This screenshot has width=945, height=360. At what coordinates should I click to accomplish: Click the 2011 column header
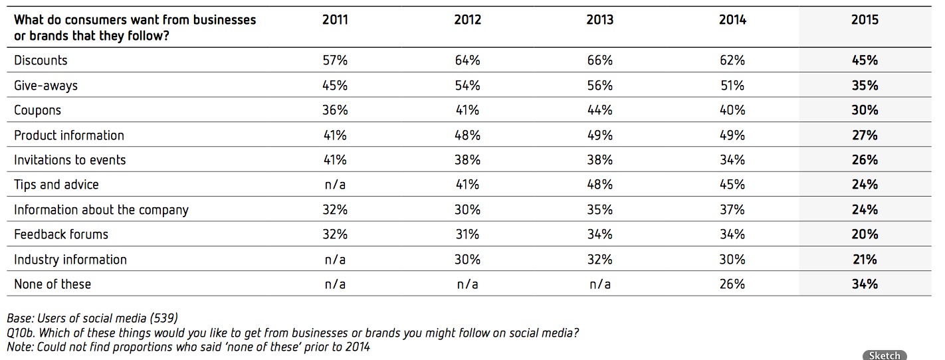(335, 20)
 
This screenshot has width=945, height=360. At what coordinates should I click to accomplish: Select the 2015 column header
(865, 20)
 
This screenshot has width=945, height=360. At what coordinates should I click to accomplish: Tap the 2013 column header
(599, 20)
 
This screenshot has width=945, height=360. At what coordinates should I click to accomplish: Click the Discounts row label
(41, 60)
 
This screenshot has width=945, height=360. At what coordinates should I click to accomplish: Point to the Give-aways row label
(46, 86)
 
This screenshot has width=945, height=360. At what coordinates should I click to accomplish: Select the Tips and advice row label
(56, 185)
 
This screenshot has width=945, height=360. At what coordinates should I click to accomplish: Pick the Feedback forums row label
(60, 234)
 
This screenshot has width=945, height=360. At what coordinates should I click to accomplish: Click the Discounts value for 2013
(599, 60)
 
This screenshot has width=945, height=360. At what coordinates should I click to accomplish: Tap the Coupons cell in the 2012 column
(467, 110)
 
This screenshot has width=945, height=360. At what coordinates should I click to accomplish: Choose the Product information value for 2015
(865, 135)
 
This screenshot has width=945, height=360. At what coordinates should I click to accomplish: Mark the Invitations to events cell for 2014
(732, 160)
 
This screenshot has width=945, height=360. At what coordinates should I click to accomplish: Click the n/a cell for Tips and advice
(335, 185)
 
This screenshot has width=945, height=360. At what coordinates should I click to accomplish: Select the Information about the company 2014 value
(732, 209)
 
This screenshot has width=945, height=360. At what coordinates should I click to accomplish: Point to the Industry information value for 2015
(865, 259)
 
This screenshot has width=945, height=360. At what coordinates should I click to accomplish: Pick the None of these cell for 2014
(732, 284)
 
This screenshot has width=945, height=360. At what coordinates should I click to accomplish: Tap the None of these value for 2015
(865, 284)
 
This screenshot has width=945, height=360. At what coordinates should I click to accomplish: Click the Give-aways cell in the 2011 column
(335, 86)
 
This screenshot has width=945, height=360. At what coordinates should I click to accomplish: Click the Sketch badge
(885, 355)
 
